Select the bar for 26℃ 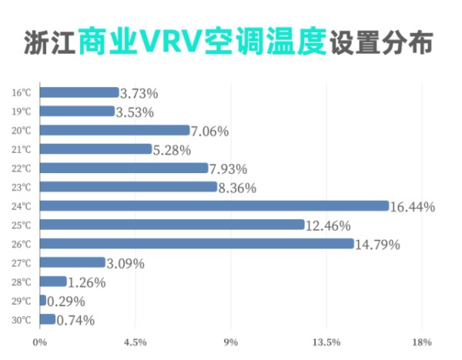[x=196, y=243]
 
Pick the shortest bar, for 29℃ [x=42, y=300]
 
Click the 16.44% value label [x=413, y=207]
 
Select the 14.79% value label [x=378, y=245]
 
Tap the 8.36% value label [x=237, y=188]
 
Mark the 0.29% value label [x=66, y=302]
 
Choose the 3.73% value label [x=139, y=93]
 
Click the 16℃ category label [x=22, y=92]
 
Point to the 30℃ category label [x=22, y=319]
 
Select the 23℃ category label [x=22, y=187]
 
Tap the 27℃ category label [x=22, y=262]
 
